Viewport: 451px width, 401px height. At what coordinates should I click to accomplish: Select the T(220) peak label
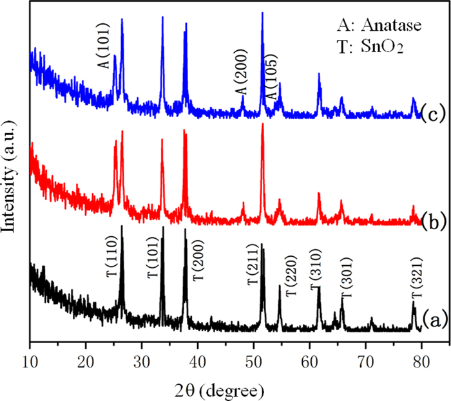coord(290,277)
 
